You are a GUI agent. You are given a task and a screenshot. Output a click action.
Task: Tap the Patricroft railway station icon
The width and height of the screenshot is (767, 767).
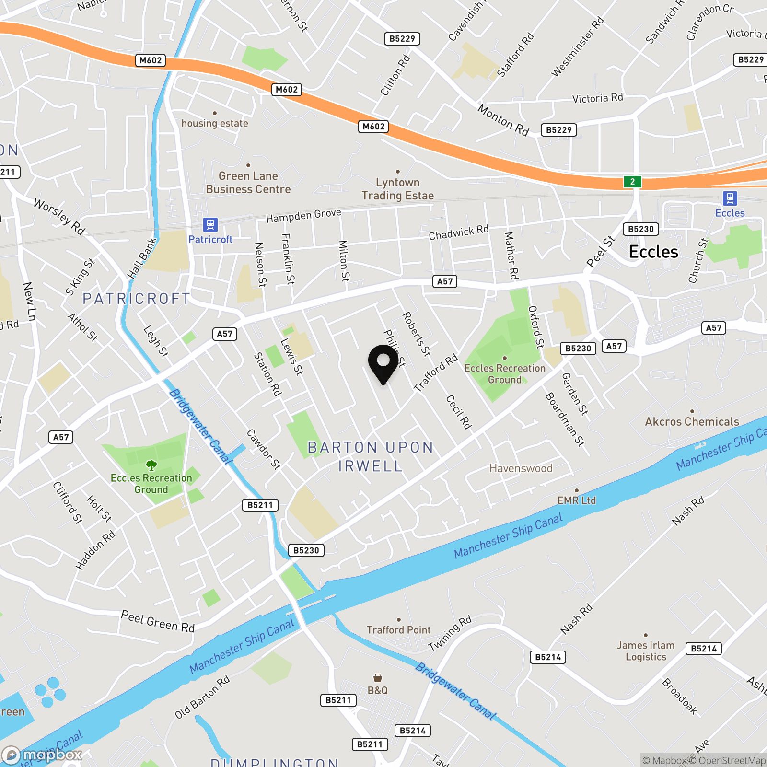point(210,224)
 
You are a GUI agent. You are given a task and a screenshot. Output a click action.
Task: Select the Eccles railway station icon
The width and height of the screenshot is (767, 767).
point(730,198)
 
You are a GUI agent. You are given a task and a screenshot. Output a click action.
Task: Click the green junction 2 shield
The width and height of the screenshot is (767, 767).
point(632,182)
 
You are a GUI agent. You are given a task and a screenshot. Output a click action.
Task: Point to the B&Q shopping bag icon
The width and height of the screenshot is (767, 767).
point(378,678)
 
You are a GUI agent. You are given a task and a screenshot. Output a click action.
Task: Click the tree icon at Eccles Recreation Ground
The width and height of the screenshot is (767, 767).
point(151,465)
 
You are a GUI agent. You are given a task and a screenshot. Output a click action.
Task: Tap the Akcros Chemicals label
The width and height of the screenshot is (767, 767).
point(692,422)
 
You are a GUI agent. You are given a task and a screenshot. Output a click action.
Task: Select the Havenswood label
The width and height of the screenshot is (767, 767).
point(521,468)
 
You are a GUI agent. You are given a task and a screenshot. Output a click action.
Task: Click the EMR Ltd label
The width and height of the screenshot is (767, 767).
point(576,500)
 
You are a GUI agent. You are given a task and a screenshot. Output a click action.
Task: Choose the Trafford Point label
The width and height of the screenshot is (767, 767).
point(398,630)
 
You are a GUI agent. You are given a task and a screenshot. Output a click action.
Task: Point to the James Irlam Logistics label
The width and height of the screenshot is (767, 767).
point(646,651)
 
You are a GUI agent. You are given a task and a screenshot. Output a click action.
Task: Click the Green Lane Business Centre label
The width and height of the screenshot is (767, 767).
point(248,183)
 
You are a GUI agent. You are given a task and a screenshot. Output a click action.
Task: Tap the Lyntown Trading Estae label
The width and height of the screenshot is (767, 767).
point(397,189)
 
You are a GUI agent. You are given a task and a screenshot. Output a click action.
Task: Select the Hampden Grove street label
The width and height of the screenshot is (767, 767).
point(303,216)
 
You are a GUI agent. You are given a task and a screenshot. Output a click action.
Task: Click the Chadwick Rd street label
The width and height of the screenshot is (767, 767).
point(458,232)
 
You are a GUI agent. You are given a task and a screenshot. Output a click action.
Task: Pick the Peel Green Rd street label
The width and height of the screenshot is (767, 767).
point(158,621)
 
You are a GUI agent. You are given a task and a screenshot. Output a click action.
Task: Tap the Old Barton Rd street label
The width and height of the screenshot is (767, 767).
point(202,697)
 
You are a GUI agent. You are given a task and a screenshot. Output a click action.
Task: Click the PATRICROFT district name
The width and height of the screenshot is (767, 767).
point(137,299)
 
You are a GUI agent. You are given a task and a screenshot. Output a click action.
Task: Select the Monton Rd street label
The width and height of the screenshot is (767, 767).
point(503,120)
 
